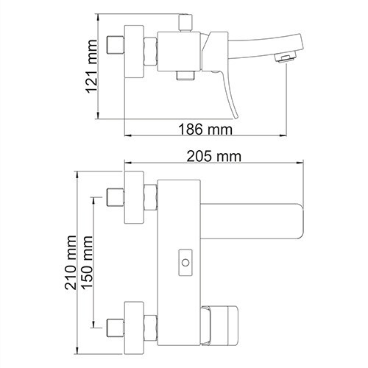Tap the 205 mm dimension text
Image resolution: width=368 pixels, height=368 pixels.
218,157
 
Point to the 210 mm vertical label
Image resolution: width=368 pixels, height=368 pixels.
72,261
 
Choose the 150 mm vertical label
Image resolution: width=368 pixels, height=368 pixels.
88,261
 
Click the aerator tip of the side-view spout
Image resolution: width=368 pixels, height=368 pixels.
280,57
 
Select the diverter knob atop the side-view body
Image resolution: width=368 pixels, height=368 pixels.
183,22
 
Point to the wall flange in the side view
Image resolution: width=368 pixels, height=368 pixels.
134,52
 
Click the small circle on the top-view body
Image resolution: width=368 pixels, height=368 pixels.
184,261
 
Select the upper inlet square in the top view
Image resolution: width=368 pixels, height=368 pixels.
115,197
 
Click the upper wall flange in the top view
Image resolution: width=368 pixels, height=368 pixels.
134,197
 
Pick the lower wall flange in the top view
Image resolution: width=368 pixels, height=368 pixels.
134,325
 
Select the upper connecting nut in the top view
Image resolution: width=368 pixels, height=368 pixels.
151,197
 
